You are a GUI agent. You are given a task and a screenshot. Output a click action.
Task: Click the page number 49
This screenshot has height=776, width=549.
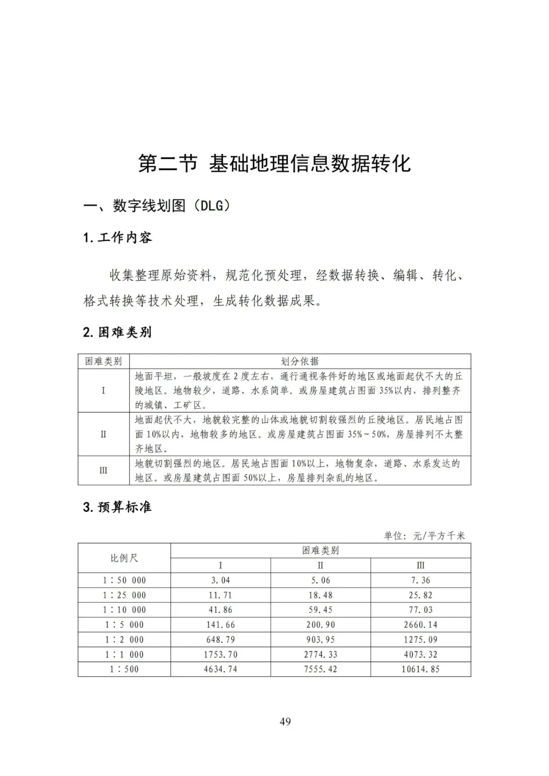pyautogui.click(x=285, y=722)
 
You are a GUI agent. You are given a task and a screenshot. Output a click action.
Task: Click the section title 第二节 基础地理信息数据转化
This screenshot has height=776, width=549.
pyautogui.click(x=274, y=164)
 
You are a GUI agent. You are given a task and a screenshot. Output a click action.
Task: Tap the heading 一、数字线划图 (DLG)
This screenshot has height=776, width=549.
pyautogui.click(x=157, y=206)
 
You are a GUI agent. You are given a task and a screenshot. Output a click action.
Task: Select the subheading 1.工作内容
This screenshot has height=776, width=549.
pyautogui.click(x=117, y=237)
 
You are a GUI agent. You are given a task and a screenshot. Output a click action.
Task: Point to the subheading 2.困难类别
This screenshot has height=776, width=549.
pyautogui.click(x=117, y=332)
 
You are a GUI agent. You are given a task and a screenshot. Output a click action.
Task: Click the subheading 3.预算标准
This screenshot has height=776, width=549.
pyautogui.click(x=117, y=507)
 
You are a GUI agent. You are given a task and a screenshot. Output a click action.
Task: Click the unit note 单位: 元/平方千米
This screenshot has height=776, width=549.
pyautogui.click(x=424, y=536)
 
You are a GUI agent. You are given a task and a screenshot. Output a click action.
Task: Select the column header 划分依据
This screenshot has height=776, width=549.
pyautogui.click(x=300, y=361)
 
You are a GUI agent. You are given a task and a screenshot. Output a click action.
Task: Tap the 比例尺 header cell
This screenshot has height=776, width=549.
pyautogui.click(x=124, y=558)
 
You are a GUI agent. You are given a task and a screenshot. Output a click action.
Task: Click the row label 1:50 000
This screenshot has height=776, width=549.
pyautogui.click(x=124, y=580)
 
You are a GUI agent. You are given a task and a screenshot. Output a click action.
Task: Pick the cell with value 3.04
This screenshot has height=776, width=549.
pyautogui.click(x=221, y=580)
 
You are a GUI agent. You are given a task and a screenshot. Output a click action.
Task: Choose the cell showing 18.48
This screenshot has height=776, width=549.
pyautogui.click(x=320, y=595)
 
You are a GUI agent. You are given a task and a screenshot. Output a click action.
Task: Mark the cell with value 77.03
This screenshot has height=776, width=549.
pyautogui.click(x=420, y=610)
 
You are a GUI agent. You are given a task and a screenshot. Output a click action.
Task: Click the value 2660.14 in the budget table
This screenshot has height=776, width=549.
pyautogui.click(x=420, y=625)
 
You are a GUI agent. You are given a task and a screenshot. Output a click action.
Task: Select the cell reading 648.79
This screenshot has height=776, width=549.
pyautogui.click(x=221, y=639)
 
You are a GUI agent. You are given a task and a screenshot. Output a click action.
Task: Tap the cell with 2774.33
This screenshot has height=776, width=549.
pyautogui.click(x=320, y=655)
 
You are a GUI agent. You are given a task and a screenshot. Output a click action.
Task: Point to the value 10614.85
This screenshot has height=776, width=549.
pyautogui.click(x=420, y=669)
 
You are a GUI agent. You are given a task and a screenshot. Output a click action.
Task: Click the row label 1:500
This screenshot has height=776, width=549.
pyautogui.click(x=124, y=669)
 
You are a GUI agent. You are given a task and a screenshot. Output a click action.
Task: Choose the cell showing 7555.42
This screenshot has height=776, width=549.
pyautogui.click(x=320, y=669)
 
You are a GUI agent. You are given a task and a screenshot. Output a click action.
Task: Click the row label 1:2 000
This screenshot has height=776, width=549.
pyautogui.click(x=124, y=639)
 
